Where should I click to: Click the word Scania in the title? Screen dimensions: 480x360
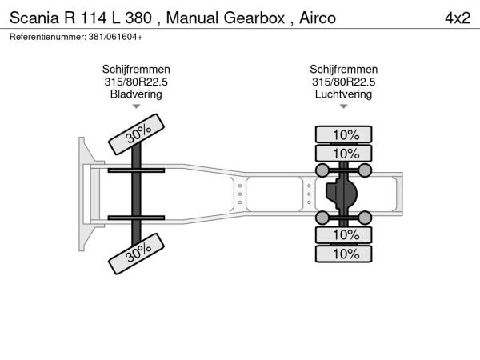tap(34, 18)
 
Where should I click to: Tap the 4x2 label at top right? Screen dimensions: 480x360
tap(458, 18)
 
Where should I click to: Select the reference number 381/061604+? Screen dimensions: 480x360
tap(115, 37)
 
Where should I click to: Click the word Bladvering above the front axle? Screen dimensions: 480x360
tap(136, 94)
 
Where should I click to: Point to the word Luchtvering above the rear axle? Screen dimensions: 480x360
tap(343, 94)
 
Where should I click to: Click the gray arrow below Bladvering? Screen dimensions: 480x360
tap(136, 106)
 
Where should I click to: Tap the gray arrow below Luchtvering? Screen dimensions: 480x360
tap(343, 106)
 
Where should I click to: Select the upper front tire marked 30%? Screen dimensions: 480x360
tap(136, 134)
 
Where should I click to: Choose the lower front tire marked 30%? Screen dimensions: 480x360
tap(136, 254)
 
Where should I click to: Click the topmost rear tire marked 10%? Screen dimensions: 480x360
tap(343, 134)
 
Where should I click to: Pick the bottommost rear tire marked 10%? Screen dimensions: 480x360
tap(343, 254)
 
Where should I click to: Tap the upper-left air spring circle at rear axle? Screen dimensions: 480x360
tap(322, 170)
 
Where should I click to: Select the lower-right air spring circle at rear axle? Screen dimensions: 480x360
tap(365, 218)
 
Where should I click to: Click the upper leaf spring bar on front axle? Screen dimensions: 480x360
tap(136, 170)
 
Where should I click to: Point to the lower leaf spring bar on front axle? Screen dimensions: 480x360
tap(136, 218)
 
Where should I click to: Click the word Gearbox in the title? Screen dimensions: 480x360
tap(255, 18)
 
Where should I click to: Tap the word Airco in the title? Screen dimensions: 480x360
tap(318, 18)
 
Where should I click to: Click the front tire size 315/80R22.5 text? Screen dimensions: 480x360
tap(136, 82)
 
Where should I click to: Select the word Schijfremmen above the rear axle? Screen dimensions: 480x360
tap(343, 70)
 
